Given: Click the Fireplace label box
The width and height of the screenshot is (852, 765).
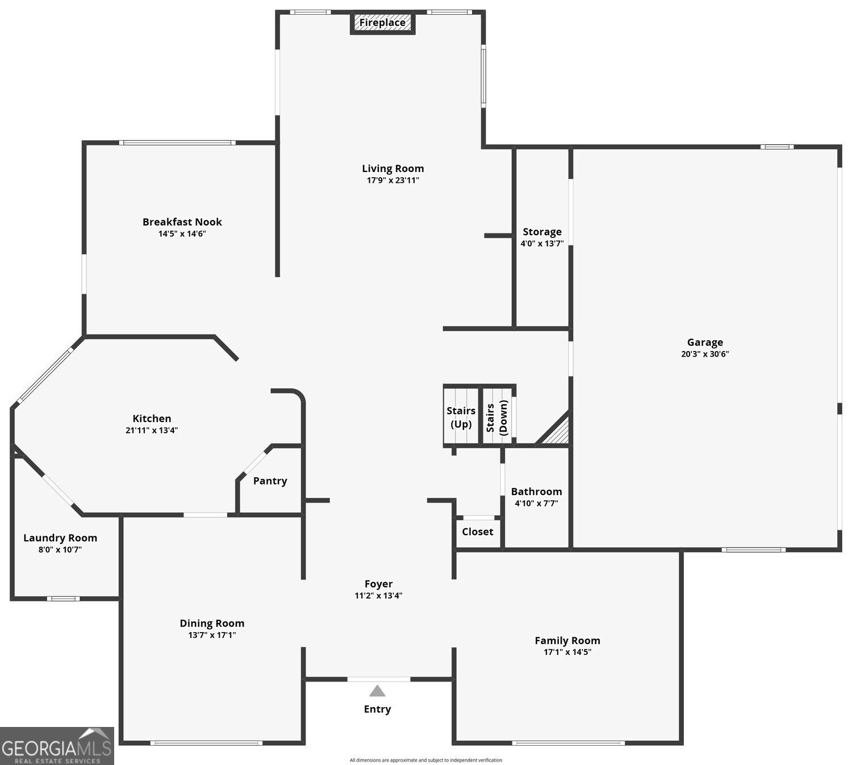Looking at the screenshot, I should pos(382,23).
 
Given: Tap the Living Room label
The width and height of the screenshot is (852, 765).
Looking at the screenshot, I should pos(392,169).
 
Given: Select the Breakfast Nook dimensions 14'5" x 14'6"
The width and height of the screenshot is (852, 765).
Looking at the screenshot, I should pos(182,233).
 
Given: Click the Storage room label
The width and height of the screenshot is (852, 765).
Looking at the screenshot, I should pos(542,232).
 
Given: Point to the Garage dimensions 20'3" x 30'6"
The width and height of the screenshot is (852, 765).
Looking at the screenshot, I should pos(705,354).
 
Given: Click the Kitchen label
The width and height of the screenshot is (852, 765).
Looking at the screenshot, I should pos(152,419).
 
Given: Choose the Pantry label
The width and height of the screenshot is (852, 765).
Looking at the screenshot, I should pos(270,481).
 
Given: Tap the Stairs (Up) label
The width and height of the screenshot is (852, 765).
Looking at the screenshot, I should pos(461,417).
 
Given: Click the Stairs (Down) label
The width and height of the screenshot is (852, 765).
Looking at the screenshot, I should pos(496,417).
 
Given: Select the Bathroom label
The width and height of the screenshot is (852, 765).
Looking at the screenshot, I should pos(536,492).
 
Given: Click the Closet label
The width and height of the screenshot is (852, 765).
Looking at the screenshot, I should pos(477,532).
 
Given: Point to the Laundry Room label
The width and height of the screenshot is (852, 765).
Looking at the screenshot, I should pos(60,538).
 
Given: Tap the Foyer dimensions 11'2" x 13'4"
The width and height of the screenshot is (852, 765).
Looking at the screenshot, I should pos(378,596).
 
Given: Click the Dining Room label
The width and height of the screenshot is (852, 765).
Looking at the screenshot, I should pos(212,624).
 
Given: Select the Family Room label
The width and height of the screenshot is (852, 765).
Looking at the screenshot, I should pos(567,641).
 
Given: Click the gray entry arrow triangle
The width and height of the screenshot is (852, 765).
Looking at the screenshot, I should pos(377,691).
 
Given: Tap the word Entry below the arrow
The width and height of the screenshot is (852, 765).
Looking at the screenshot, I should pos(377,709).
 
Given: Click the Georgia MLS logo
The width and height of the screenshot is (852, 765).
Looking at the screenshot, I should pos(57,746).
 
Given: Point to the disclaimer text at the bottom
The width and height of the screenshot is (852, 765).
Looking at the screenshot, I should pos(425,760).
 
